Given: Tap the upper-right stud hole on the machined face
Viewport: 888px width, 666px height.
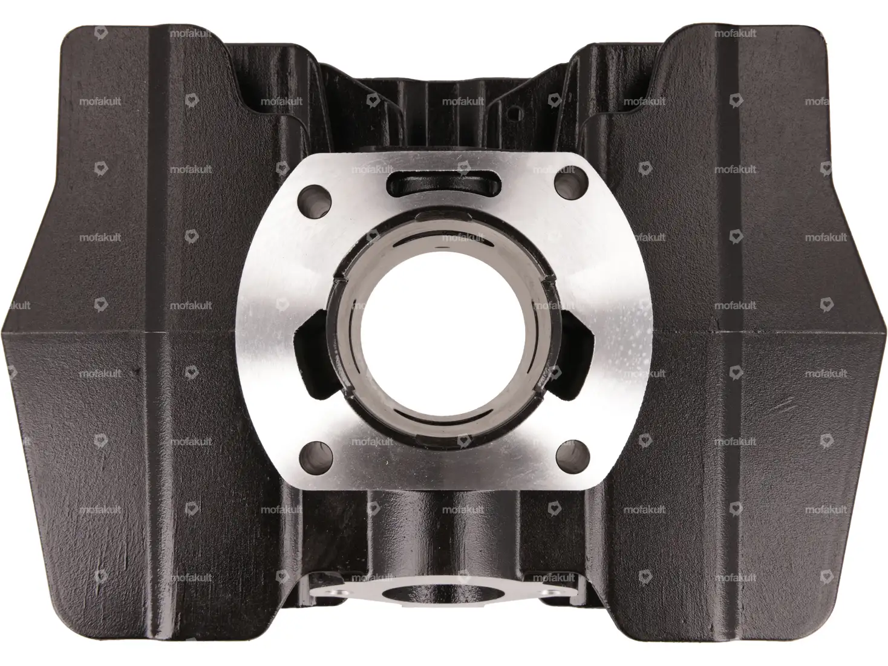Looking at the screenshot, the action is click(x=571, y=183).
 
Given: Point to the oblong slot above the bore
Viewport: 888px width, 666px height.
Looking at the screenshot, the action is click(x=444, y=184).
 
